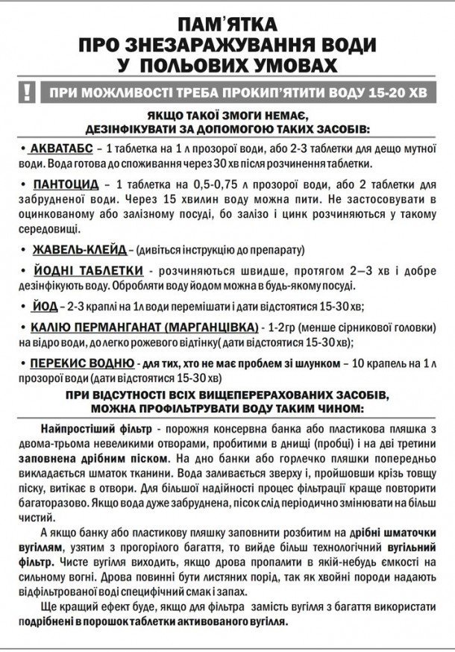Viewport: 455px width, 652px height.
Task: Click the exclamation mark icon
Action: tap(28, 93)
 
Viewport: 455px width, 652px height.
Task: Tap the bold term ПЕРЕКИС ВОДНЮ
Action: tap(82, 363)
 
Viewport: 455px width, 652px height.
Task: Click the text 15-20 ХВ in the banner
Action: tap(388, 94)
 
